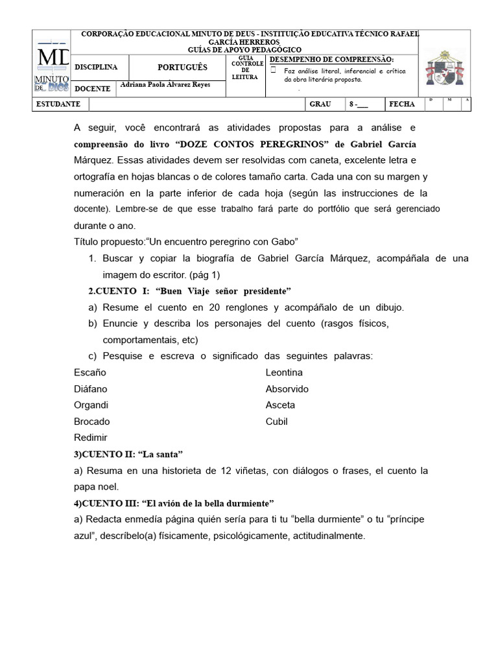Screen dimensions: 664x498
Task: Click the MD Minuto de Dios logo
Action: pos(53,69)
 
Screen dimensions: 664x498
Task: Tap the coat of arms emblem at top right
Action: pos(445,69)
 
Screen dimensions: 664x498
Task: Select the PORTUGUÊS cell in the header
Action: pos(182,67)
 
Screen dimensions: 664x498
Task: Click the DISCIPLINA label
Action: pos(96,67)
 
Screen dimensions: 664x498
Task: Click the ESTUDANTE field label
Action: pos(58,104)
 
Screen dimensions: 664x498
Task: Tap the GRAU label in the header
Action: pos(320,104)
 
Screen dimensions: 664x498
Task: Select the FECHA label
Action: pos(401,104)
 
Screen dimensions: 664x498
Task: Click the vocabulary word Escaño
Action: pos(90,373)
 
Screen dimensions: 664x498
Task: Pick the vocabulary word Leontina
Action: pos(284,373)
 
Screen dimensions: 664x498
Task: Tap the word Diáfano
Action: pos(91,389)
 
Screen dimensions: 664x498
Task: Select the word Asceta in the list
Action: pos(280,405)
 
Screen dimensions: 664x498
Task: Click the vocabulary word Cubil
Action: pos(276,421)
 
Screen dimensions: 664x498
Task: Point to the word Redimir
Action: pos(91,438)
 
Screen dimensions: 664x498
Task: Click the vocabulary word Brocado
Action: pos(92,421)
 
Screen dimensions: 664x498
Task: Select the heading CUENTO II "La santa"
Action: pos(128,454)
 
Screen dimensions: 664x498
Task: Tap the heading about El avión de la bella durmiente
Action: pos(174,503)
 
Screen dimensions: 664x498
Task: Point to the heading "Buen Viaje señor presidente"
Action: pos(189,290)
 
